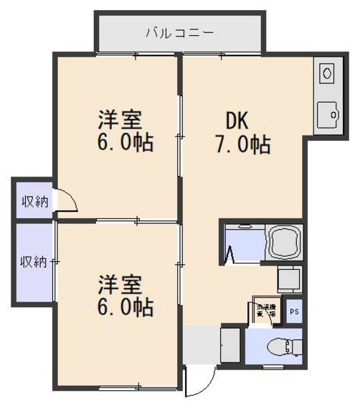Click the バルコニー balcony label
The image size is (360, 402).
pos(179,32)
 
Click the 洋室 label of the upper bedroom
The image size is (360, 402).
pos(119,118)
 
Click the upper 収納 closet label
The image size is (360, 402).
pos(34,202)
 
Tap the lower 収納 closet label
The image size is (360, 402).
pos(33,261)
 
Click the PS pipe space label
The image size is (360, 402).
pos(294,312)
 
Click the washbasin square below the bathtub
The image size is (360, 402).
pos(289,278)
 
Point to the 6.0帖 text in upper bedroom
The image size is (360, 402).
pos(125,141)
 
